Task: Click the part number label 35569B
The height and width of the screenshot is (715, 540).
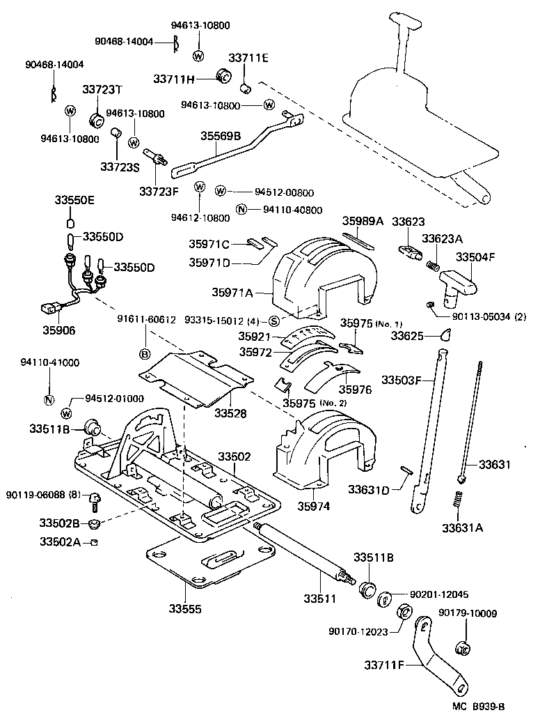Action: pos(221,137)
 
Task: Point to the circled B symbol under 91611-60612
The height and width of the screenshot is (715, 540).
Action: pos(145,354)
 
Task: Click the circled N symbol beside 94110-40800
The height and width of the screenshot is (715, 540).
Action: pos(241,210)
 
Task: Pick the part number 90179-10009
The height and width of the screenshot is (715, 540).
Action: pos(468,613)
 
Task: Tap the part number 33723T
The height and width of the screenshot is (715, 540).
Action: pos(102,90)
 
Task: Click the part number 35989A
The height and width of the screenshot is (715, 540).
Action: pos(363,221)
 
